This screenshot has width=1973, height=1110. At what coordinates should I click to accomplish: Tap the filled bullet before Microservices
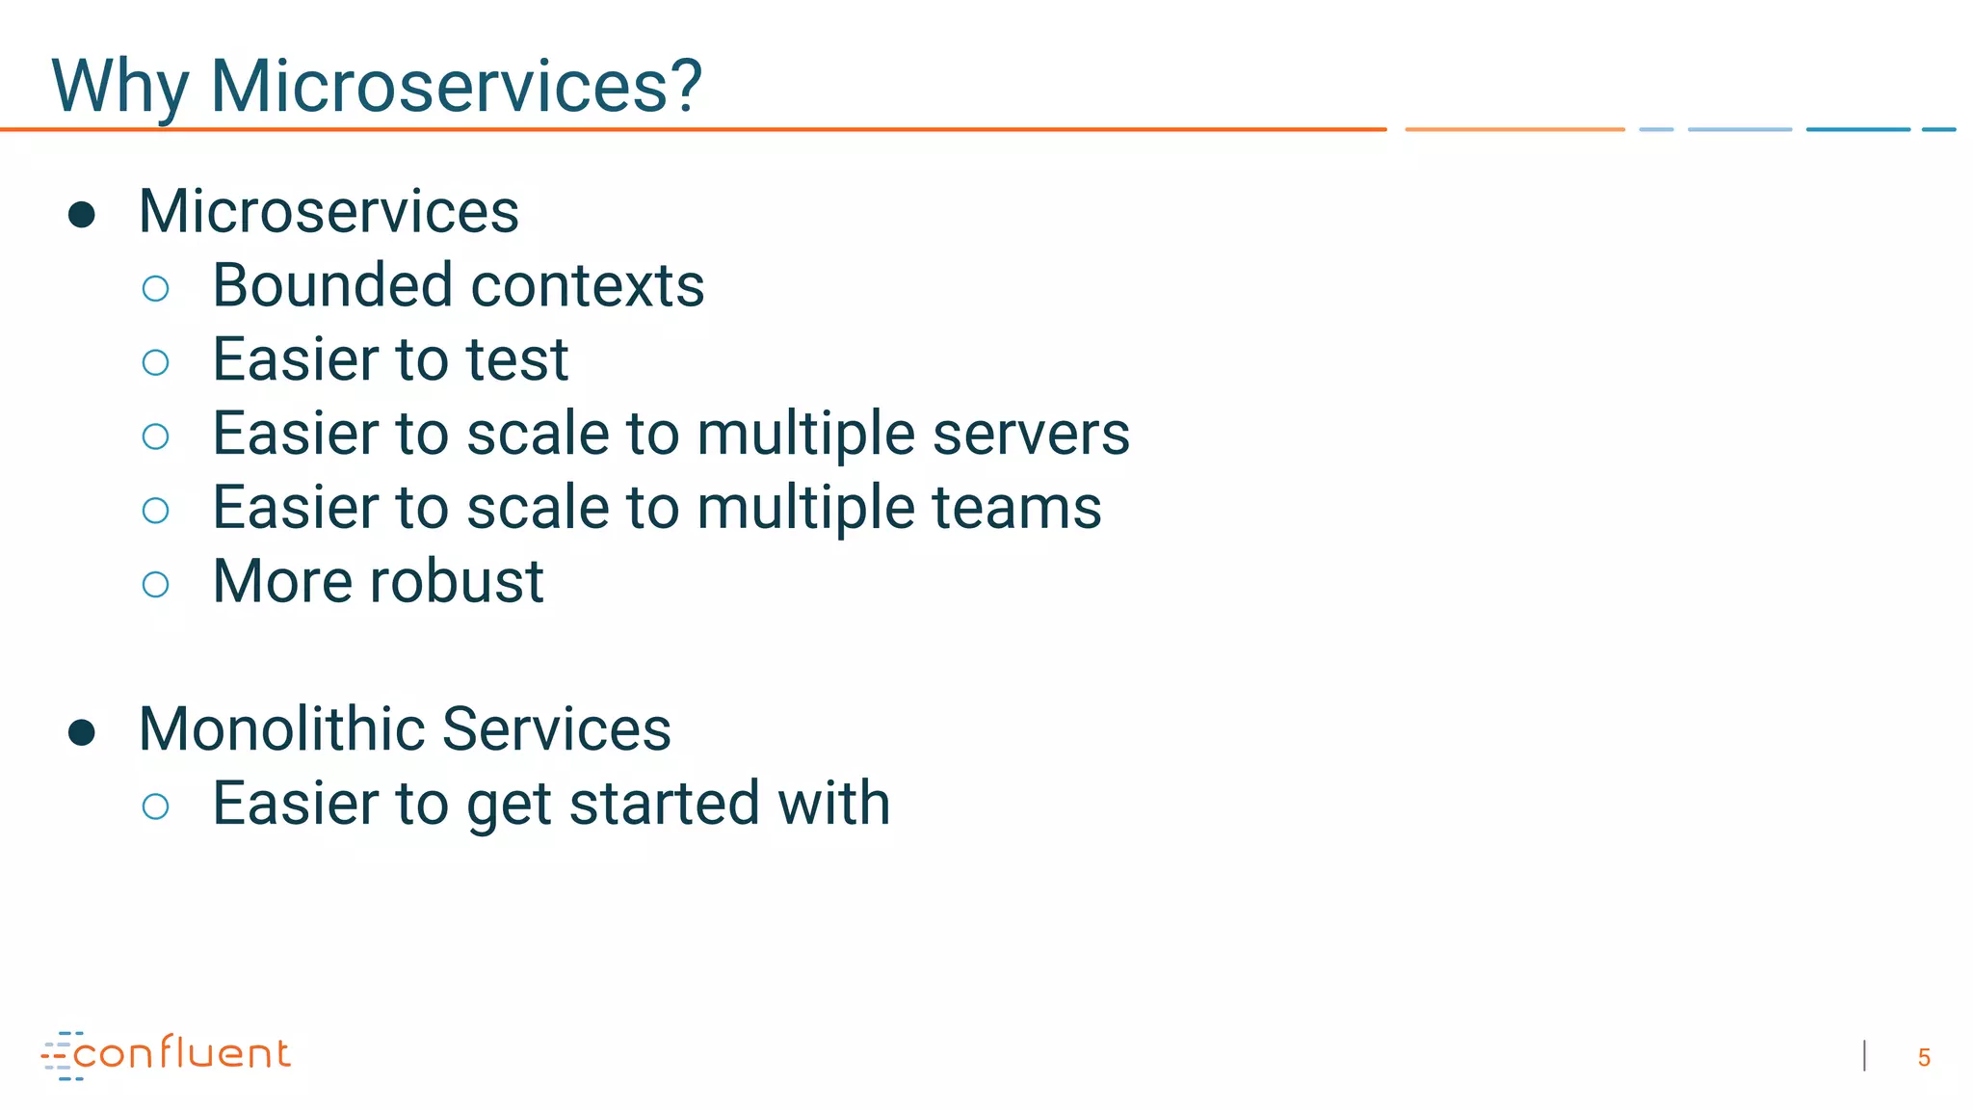(x=82, y=215)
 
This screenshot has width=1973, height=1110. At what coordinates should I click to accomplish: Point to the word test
(x=517, y=360)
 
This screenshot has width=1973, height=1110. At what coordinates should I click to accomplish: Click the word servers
(x=1031, y=435)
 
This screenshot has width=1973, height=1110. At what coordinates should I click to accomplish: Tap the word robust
(x=457, y=582)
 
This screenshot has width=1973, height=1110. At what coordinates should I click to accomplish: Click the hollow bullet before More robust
(x=155, y=585)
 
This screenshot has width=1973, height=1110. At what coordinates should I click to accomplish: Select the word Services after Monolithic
(x=556, y=729)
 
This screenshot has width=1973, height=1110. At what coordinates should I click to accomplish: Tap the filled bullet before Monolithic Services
(x=82, y=733)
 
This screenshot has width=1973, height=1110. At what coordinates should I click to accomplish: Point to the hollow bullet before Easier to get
(x=155, y=806)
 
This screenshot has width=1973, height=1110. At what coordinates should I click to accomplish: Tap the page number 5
(x=1923, y=1058)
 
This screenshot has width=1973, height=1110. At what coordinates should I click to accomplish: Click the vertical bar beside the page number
(x=1865, y=1056)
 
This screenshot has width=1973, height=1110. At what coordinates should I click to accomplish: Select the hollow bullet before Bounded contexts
(x=155, y=289)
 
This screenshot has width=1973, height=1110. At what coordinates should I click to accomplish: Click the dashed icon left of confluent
(x=59, y=1056)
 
